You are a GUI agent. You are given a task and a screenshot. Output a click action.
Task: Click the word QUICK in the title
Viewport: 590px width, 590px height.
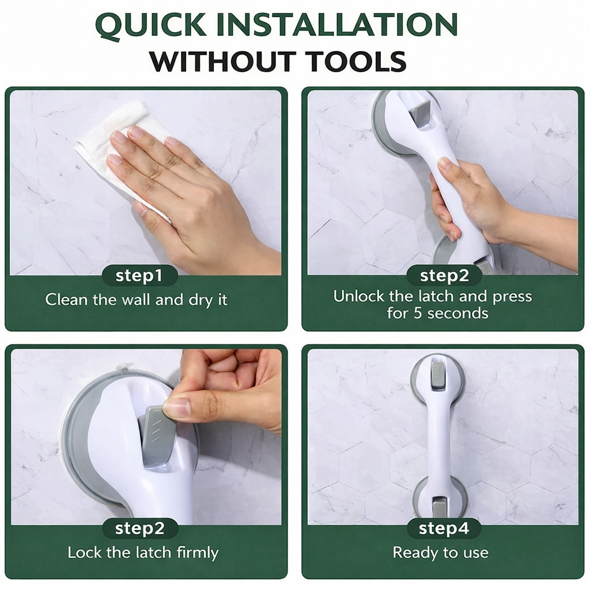pyautogui.click(x=151, y=25)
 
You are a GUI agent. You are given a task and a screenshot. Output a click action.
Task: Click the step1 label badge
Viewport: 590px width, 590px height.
pyautogui.click(x=139, y=275)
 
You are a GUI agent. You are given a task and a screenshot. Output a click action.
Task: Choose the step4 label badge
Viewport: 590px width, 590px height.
pyautogui.click(x=444, y=528)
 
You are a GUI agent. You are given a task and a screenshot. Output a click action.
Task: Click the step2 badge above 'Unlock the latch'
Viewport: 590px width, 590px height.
pyautogui.click(x=444, y=275)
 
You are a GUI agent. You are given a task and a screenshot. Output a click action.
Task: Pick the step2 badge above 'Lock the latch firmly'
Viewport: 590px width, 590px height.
pyautogui.click(x=139, y=528)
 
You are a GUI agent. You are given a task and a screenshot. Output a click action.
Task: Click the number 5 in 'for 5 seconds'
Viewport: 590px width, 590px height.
pyautogui.click(x=418, y=313)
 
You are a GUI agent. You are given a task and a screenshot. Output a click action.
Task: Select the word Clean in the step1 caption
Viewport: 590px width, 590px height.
pyautogui.click(x=67, y=300)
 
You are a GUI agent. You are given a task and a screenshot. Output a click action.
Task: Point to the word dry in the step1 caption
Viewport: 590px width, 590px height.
pyautogui.click(x=199, y=300)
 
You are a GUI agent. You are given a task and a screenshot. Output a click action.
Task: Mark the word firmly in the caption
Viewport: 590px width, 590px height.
pyautogui.click(x=198, y=553)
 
